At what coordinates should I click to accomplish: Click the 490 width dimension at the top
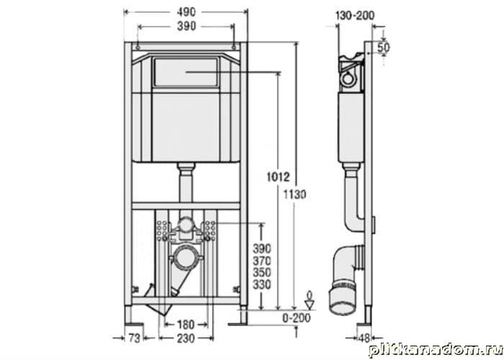point(186,12)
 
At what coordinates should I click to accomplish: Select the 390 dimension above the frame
point(186,26)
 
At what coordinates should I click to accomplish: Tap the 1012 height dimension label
point(278,176)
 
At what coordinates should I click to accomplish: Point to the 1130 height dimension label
point(294,194)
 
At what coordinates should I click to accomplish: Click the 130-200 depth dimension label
point(355,15)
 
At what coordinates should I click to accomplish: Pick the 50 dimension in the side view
point(383,48)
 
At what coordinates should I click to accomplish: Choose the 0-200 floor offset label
point(297,318)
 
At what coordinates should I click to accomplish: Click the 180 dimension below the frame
point(186,324)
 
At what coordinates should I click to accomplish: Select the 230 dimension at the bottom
point(186,338)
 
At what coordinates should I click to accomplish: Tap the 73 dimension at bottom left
point(135,338)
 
